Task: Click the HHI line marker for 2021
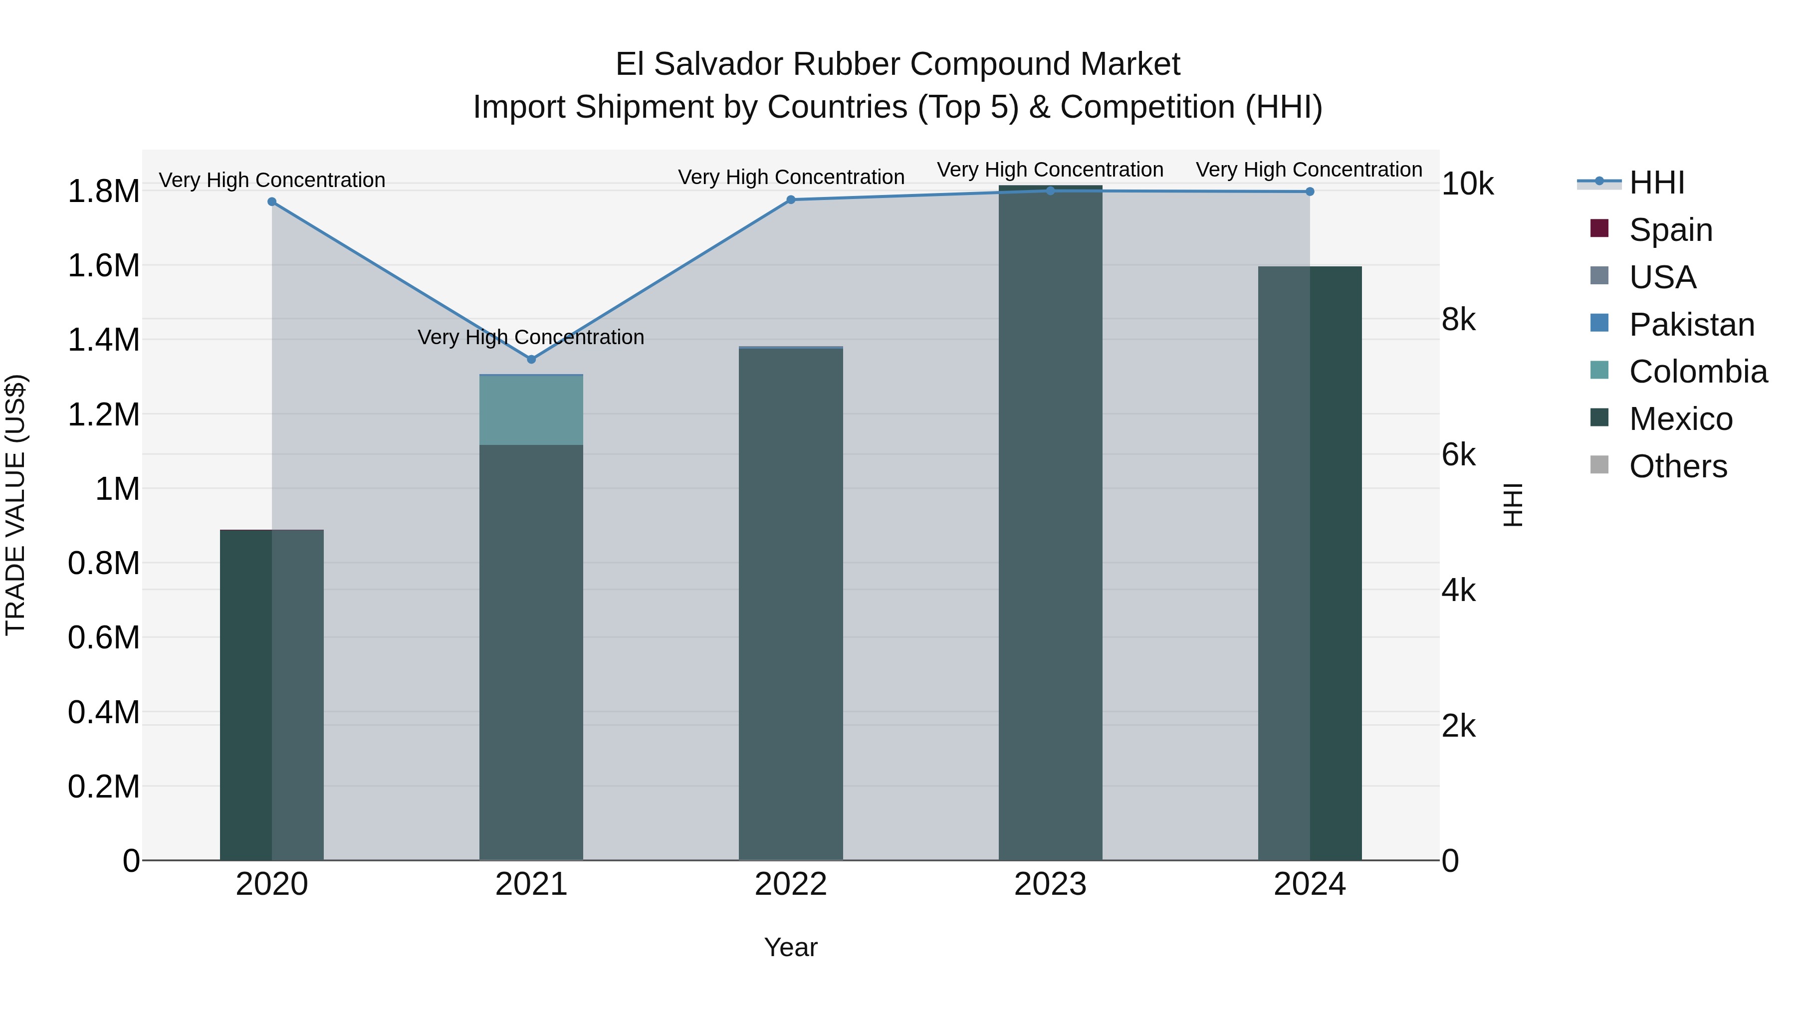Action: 531,360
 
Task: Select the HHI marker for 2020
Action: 272,202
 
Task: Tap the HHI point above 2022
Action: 791,200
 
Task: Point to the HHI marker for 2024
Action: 1310,192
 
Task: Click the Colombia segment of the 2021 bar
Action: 531,410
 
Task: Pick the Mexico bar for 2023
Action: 1050,523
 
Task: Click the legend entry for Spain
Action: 1670,230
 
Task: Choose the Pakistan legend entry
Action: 1691,325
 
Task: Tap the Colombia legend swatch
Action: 1599,370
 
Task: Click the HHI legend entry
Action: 1656,183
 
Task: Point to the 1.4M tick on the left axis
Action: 103,340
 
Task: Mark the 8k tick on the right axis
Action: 1459,320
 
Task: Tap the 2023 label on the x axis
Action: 1050,884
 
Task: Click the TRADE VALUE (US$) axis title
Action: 15,505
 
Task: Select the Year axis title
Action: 791,947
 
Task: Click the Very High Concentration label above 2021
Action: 531,337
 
